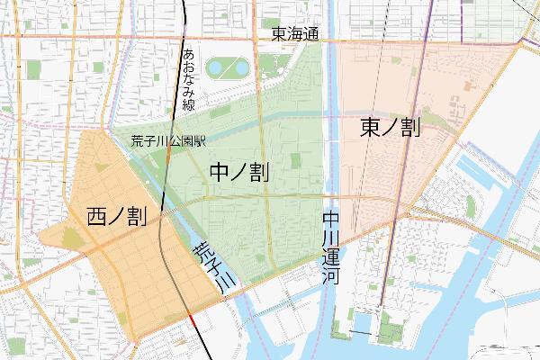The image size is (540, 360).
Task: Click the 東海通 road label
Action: (x=296, y=35)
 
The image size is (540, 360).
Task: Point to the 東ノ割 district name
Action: (x=390, y=128)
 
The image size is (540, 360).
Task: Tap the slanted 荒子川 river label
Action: (x=213, y=266)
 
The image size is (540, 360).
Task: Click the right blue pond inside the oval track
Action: (x=239, y=67)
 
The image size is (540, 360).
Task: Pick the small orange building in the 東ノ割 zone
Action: (x=468, y=88)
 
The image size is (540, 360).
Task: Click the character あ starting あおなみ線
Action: (x=189, y=54)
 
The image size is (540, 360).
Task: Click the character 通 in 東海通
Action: (x=312, y=35)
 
